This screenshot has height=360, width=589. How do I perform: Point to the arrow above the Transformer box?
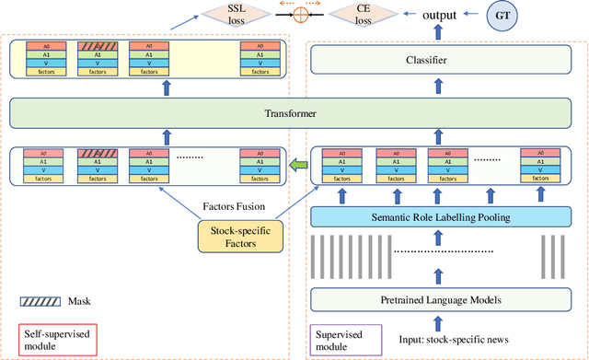tap(166, 88)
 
